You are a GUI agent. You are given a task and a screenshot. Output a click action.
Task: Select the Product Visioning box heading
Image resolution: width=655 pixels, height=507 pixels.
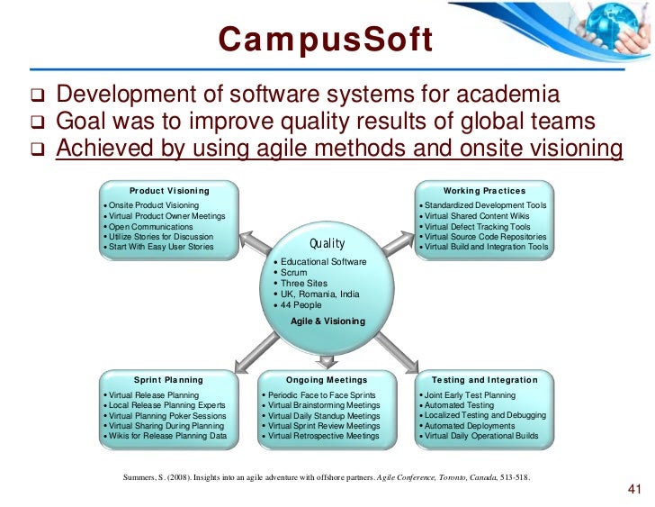tap(169, 191)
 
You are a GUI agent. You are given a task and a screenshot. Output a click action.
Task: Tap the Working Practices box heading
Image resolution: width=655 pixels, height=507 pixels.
tap(484, 191)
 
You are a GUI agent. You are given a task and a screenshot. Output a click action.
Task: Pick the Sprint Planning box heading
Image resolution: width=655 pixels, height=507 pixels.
tap(168, 380)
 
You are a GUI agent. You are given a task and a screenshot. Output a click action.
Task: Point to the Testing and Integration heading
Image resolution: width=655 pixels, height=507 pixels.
tap(484, 380)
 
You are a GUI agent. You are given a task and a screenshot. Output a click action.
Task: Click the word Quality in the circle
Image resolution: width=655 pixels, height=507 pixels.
tap(327, 243)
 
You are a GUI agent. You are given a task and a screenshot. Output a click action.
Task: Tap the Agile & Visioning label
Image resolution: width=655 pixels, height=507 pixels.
tap(327, 321)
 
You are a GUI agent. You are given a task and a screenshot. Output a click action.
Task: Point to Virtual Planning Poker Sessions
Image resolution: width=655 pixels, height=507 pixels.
tap(167, 416)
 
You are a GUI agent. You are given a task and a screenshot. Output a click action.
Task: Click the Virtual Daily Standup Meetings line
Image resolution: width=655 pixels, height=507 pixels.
tap(324, 416)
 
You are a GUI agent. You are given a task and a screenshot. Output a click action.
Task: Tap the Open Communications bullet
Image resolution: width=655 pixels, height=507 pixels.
tap(150, 226)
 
